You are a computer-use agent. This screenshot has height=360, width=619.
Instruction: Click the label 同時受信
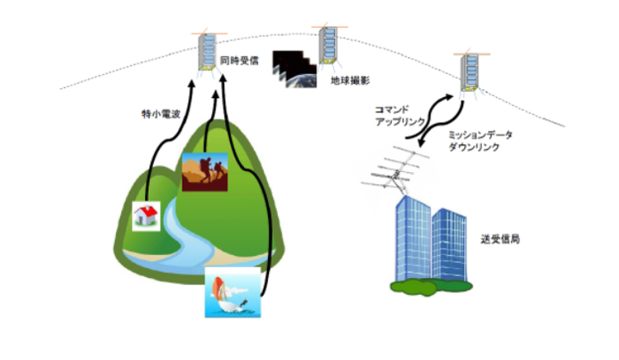click(x=240, y=61)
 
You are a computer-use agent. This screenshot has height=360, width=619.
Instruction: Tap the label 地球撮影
click(x=350, y=80)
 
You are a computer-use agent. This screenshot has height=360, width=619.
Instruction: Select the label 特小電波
click(x=161, y=114)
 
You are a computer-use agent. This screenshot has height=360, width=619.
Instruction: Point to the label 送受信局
click(x=501, y=239)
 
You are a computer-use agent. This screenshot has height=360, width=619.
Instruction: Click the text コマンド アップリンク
click(x=400, y=115)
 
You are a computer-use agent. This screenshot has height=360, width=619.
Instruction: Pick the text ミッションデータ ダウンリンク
click(x=480, y=141)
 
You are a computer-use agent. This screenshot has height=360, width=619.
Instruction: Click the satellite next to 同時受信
click(x=208, y=53)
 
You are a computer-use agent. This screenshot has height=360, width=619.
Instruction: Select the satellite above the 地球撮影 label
click(x=330, y=45)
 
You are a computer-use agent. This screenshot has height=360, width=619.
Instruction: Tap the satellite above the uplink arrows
click(x=471, y=72)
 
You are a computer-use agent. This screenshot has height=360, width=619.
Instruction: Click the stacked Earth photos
click(x=295, y=69)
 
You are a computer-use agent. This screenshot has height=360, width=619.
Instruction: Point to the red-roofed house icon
click(x=146, y=217)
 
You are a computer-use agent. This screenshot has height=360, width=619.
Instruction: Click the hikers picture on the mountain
click(x=205, y=172)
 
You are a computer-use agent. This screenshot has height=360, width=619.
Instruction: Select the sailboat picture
click(x=233, y=292)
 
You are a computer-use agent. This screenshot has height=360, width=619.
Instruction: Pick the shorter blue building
click(x=450, y=245)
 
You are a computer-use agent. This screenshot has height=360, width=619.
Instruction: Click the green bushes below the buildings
click(x=431, y=287)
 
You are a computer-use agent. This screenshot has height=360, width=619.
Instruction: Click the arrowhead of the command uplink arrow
click(x=449, y=97)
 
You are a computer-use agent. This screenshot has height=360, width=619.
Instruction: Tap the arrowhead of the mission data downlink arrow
click(x=421, y=142)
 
